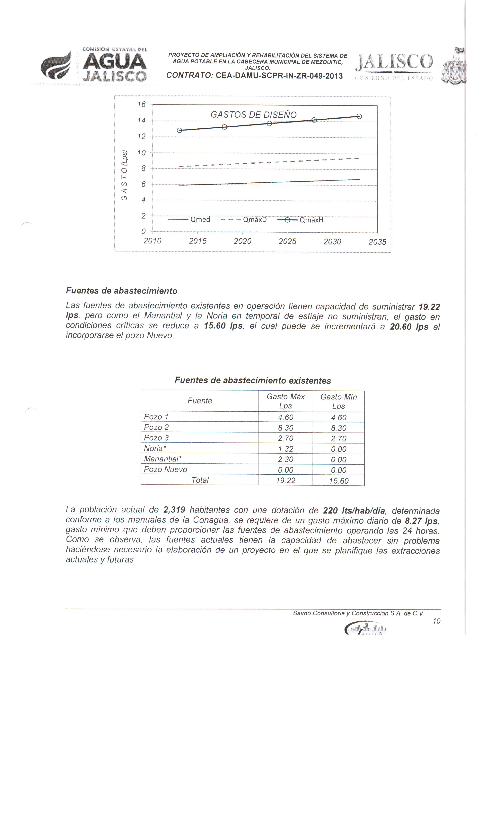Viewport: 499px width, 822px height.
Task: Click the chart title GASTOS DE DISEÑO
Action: [253, 115]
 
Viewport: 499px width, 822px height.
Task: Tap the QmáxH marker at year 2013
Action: [179, 130]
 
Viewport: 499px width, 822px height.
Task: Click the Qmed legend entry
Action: [189, 220]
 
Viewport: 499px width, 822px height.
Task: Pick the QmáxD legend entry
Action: [244, 220]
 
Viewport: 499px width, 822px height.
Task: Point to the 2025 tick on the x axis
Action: [287, 241]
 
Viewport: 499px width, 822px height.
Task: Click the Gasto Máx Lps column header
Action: [285, 401]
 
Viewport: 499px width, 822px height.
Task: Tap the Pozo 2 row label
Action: [156, 427]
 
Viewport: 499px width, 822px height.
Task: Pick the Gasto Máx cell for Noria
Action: [285, 449]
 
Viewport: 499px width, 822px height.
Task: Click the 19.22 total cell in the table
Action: [285, 480]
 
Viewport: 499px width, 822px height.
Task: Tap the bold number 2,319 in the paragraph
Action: [174, 510]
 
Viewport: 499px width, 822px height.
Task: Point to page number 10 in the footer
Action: [436, 621]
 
